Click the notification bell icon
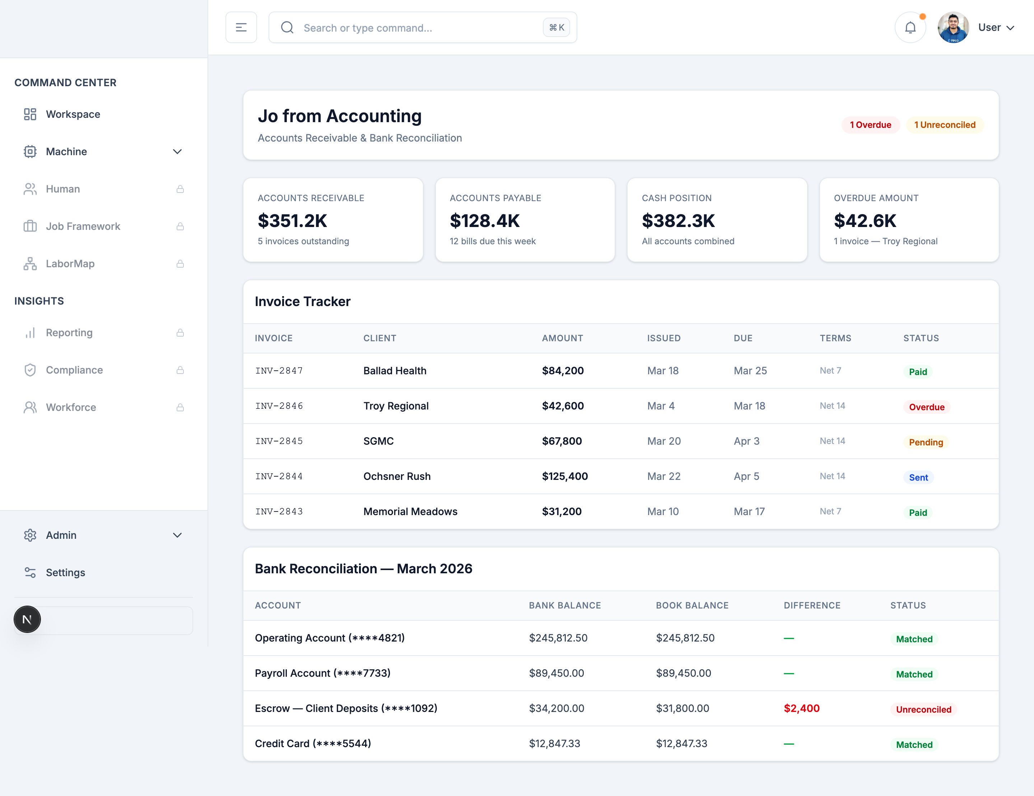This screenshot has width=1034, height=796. click(x=910, y=28)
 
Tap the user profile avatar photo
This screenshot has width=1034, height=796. click(x=953, y=28)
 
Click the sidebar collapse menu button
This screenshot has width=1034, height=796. click(x=241, y=28)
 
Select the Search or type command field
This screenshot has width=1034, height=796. click(x=416, y=28)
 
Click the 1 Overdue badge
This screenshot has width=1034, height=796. click(x=870, y=125)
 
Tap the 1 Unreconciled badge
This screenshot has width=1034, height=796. click(x=945, y=125)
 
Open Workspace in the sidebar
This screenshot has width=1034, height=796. click(x=73, y=114)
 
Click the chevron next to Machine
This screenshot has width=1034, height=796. click(x=177, y=152)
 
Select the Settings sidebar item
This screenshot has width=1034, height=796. click(x=65, y=572)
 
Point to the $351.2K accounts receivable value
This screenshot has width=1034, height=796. click(x=292, y=221)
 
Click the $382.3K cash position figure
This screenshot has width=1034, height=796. click(x=678, y=221)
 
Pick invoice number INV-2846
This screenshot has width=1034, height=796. click(x=279, y=406)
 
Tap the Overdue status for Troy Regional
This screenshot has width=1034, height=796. click(x=926, y=407)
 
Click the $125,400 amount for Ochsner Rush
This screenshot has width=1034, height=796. click(x=564, y=476)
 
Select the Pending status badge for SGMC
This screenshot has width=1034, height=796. click(x=926, y=442)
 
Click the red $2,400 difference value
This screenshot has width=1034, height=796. click(x=801, y=708)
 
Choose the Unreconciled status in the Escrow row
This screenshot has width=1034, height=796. click(x=923, y=709)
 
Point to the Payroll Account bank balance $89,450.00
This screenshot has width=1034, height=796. click(x=556, y=673)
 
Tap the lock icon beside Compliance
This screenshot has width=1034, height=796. click(x=180, y=370)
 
